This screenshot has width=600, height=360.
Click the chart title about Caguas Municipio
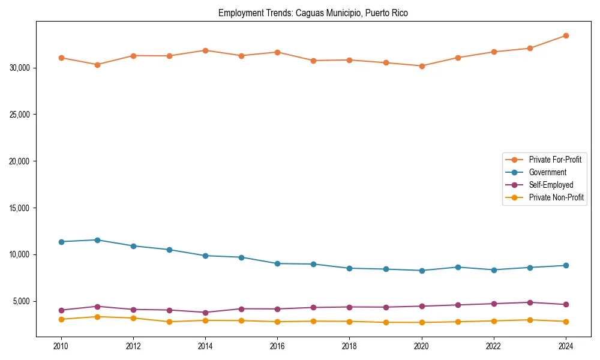pos(313,13)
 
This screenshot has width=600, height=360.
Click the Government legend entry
pos(547,172)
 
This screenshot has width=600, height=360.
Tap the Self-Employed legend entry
pos(551,185)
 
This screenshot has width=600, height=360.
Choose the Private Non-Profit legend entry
pos(556,197)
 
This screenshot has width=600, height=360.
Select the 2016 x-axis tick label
pos(277,346)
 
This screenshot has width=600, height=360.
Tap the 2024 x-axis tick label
pos(566,346)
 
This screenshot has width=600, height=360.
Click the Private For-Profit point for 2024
pos(566,36)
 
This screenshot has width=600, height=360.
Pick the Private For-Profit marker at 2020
pos(422,66)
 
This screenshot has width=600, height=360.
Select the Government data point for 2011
pos(97,240)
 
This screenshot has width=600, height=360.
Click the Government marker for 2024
pos(566,265)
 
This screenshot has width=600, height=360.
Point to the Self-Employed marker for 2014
pos(205,313)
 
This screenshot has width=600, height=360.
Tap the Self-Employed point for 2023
pos(530,302)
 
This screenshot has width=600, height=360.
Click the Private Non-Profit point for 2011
pos(97,317)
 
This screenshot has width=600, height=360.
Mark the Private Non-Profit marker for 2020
pos(422,322)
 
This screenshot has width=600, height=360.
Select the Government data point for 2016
pos(277,263)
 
